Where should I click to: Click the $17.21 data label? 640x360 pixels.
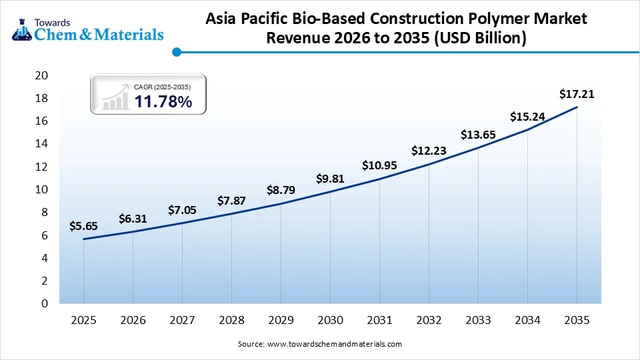[577, 94]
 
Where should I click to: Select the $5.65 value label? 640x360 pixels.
[83, 227]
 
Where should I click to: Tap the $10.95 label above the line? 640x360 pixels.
[379, 165]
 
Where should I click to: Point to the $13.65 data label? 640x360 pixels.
[478, 135]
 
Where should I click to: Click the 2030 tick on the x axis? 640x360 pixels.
[330, 321]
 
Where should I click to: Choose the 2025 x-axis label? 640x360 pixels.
[83, 321]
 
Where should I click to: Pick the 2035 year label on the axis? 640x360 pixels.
[577, 321]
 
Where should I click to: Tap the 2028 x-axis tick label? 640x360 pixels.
[231, 321]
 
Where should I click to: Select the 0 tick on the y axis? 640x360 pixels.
[44, 303]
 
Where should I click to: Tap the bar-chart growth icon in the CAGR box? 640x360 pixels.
[115, 97]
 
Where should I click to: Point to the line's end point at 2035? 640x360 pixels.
[577, 107]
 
